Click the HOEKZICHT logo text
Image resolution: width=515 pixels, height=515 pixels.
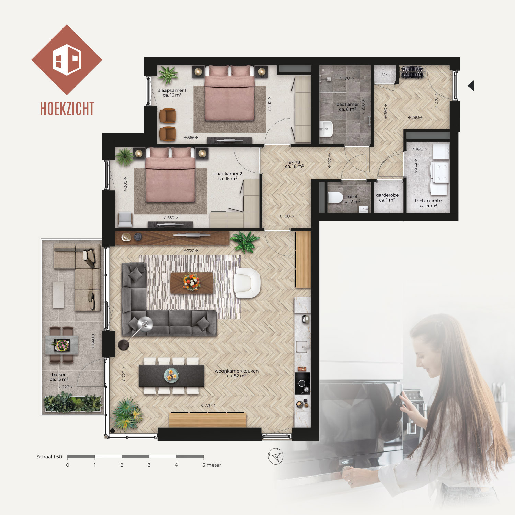click(67, 108)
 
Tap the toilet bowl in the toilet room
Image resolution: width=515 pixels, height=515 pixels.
click(335, 198)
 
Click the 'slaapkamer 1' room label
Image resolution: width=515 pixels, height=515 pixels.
click(172, 90)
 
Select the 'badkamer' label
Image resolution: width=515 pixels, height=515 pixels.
click(347, 104)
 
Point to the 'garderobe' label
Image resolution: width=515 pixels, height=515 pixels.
click(387, 195)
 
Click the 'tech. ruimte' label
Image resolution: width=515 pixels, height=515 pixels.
click(428, 201)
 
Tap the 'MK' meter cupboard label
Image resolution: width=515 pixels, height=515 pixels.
click(385, 74)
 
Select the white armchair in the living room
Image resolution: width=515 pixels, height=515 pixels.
click(247, 283)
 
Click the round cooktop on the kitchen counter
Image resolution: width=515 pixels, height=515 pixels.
click(302, 384)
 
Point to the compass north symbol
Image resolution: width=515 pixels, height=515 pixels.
click(276, 456)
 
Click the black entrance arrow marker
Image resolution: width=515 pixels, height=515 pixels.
click(471, 85)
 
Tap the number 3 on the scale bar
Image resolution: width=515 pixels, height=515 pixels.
click(149, 465)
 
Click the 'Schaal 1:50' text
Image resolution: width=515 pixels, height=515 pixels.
click(49, 457)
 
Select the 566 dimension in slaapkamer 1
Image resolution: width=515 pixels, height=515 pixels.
click(191, 138)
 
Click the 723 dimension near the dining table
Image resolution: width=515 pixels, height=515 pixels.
click(124, 374)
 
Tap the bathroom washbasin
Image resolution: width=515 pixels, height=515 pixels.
click(326, 128)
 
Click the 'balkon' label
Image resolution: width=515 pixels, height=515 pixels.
click(59, 374)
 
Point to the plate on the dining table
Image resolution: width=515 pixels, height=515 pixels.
click(171, 375)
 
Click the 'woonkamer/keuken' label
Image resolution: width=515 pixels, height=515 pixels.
click(237, 371)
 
